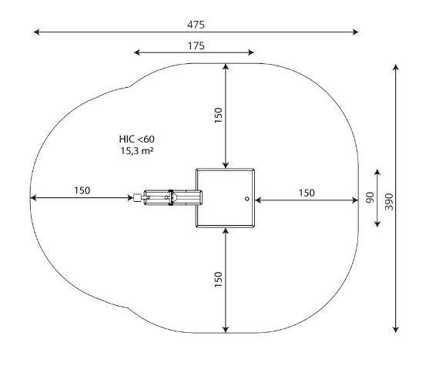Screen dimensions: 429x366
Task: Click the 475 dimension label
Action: [x=196, y=25]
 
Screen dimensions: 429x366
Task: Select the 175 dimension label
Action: [x=196, y=45]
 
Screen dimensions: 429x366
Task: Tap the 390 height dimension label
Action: [x=389, y=202]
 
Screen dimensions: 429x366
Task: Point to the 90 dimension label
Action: [x=370, y=198]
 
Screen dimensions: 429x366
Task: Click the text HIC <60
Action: [x=137, y=139]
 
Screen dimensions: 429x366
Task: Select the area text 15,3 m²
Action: [x=137, y=151]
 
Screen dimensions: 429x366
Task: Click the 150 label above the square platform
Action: [x=218, y=116]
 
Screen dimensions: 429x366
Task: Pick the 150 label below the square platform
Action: [x=218, y=280]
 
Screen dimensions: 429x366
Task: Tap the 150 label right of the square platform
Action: [x=307, y=193]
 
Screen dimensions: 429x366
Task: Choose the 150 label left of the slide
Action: [x=82, y=190]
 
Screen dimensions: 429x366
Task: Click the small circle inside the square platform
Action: [x=247, y=199]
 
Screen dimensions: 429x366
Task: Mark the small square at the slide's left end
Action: [x=137, y=198]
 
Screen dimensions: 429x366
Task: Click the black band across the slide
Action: [x=171, y=197]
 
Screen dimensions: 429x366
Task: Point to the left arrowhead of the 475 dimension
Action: [x=36, y=32]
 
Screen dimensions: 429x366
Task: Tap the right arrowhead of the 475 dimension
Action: [x=355, y=32]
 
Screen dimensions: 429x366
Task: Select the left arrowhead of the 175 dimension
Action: [x=137, y=52]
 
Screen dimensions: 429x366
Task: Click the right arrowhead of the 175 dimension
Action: [x=251, y=52]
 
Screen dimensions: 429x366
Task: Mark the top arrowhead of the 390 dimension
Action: [x=396, y=67]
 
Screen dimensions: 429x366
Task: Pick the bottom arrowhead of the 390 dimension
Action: [x=396, y=329]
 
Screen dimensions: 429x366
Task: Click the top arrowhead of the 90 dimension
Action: [x=377, y=172]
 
